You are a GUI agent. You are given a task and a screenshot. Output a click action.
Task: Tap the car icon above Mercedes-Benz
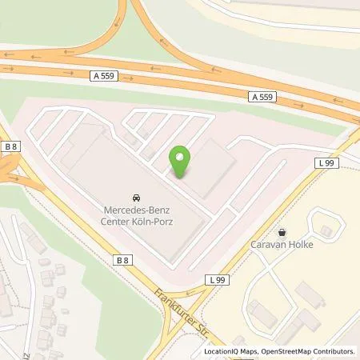137,197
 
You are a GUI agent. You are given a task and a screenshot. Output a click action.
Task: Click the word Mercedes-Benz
138,210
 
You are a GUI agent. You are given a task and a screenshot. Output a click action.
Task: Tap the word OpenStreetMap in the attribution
282,351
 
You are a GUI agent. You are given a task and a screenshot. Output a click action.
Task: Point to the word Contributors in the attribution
332,351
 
